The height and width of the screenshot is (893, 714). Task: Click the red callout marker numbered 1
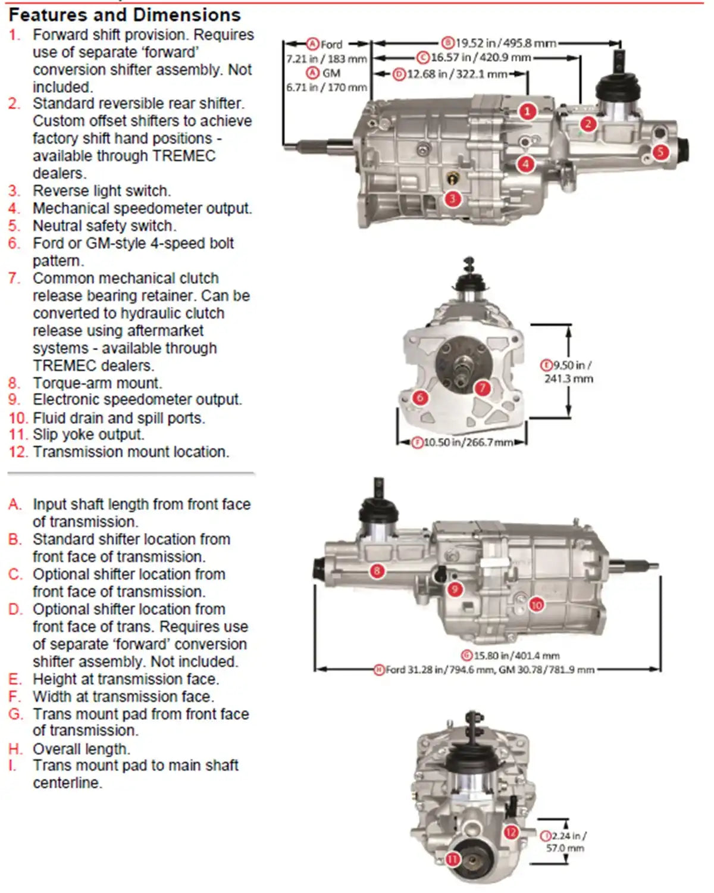[527, 111]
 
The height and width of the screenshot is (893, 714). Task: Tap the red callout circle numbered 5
[660, 152]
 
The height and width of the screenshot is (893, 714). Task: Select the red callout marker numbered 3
[453, 198]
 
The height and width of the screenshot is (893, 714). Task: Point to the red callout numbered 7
[482, 389]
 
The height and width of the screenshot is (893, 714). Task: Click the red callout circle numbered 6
[420, 397]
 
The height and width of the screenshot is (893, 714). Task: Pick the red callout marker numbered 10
[536, 605]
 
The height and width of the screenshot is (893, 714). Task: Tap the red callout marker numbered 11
[453, 859]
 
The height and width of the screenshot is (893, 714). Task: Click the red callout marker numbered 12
[511, 832]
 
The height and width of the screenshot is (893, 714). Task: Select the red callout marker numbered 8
[377, 572]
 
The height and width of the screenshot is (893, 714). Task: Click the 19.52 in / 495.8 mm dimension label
[499, 43]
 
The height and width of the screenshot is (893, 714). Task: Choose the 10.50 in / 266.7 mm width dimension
[463, 443]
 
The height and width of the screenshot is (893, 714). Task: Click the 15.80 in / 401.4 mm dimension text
[511, 655]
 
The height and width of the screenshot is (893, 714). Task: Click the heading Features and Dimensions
[125, 14]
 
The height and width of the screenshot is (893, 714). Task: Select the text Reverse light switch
[102, 191]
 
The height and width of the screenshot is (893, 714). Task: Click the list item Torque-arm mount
[97, 383]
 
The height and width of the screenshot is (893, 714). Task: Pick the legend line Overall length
[82, 749]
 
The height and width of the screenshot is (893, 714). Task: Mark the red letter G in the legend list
[15, 714]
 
